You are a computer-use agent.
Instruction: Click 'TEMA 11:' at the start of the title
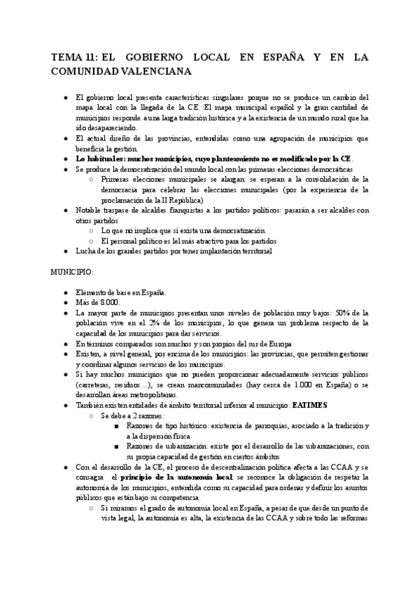pos(74,57)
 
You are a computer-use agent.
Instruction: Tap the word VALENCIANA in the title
pos(153,71)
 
